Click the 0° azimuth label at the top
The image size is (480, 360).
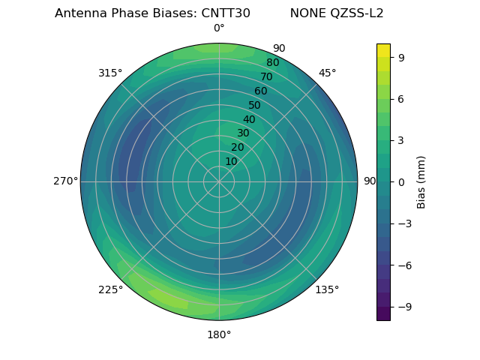click(219, 28)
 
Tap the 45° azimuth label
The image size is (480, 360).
click(327, 73)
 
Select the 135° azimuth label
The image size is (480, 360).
click(327, 289)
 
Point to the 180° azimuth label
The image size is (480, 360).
click(219, 334)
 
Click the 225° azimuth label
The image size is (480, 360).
click(110, 289)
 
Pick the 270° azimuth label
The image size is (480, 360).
click(65, 181)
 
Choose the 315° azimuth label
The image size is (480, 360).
click(110, 73)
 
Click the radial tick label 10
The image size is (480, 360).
click(231, 161)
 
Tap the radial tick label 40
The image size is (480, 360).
click(249, 119)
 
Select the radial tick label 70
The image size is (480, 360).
click(267, 76)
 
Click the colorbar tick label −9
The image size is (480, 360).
click(403, 307)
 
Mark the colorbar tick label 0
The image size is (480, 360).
click(400, 182)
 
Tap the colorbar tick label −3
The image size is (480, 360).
click(403, 223)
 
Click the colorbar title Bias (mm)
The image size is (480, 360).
click(421, 182)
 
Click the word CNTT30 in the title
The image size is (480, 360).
click(226, 13)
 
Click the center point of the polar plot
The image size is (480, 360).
click(219, 181)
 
